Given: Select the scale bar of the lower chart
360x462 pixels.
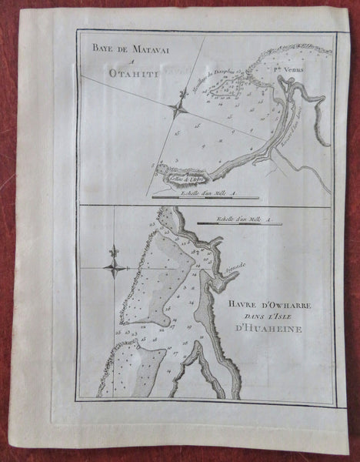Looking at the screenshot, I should [x=238, y=225].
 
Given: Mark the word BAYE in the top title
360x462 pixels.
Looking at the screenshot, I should [x=95, y=50].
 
